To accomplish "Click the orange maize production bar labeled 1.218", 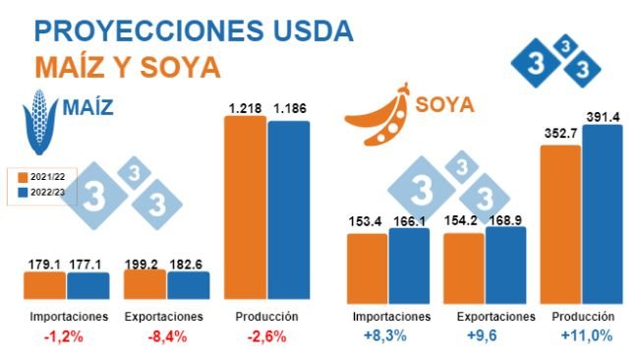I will tap(246, 207).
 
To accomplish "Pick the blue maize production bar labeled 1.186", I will tap(289, 209).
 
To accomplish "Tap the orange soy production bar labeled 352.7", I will tap(560, 221).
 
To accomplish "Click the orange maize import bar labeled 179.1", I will tap(45, 285).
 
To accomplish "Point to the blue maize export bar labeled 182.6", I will tap(189, 285).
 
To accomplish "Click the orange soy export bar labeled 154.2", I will tap(464, 266).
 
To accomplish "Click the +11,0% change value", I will tap(586, 336).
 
